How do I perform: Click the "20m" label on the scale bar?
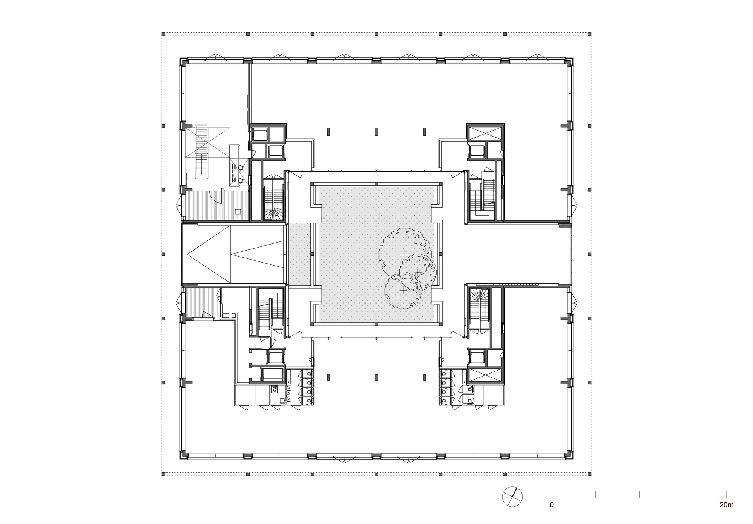[726, 515]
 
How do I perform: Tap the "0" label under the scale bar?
[552, 515]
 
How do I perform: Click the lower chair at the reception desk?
[241, 180]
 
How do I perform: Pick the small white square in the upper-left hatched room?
[238, 211]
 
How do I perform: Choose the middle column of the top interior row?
[376, 132]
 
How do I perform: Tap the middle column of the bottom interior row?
[376, 377]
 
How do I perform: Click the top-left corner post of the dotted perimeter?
[163, 34]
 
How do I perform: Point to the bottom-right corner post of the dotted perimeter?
[590, 474]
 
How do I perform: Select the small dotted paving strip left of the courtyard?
[299, 254]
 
